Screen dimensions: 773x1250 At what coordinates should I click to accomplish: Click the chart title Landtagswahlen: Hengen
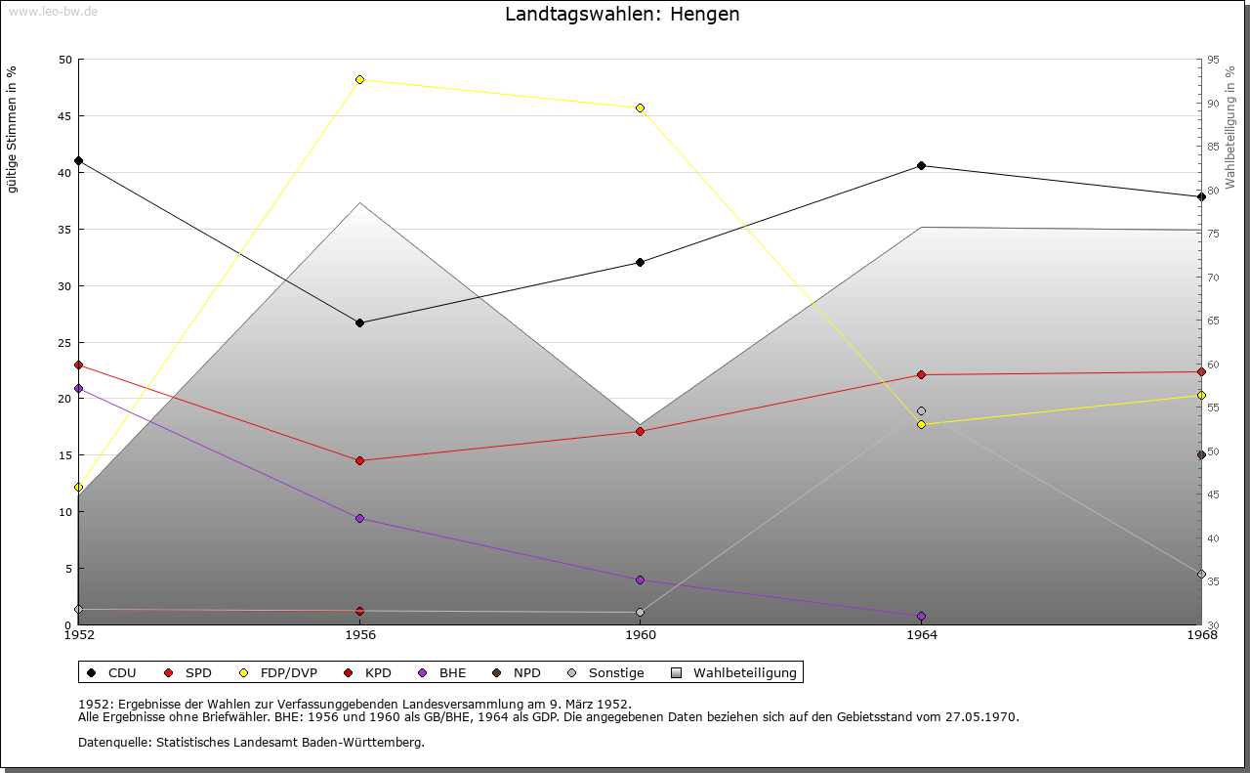pyautogui.click(x=622, y=15)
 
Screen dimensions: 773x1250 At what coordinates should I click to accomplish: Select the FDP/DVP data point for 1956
pyautogui.click(x=359, y=79)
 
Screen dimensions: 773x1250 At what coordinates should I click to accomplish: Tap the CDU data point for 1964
pyautogui.click(x=921, y=166)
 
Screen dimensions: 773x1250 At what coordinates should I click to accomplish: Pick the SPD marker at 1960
pyautogui.click(x=640, y=431)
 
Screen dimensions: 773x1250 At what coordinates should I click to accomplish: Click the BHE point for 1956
pyautogui.click(x=359, y=518)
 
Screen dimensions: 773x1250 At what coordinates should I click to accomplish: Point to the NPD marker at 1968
pyautogui.click(x=1201, y=455)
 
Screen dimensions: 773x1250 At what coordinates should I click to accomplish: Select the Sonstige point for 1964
pyautogui.click(x=921, y=411)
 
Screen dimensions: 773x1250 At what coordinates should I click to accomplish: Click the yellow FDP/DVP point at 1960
pyautogui.click(x=640, y=107)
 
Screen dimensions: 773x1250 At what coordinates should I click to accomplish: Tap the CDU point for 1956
pyautogui.click(x=359, y=322)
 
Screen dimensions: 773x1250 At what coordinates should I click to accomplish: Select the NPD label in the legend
pyautogui.click(x=526, y=672)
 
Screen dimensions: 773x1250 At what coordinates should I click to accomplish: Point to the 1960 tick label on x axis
pyautogui.click(x=641, y=635)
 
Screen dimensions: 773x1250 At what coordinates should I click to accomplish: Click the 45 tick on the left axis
pyautogui.click(x=65, y=116)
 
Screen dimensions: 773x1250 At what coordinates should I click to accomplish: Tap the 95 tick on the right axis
pyautogui.click(x=1212, y=60)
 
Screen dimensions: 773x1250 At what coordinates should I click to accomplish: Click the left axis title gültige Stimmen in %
pyautogui.click(x=12, y=129)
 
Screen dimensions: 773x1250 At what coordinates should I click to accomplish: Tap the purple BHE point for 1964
pyautogui.click(x=921, y=616)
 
